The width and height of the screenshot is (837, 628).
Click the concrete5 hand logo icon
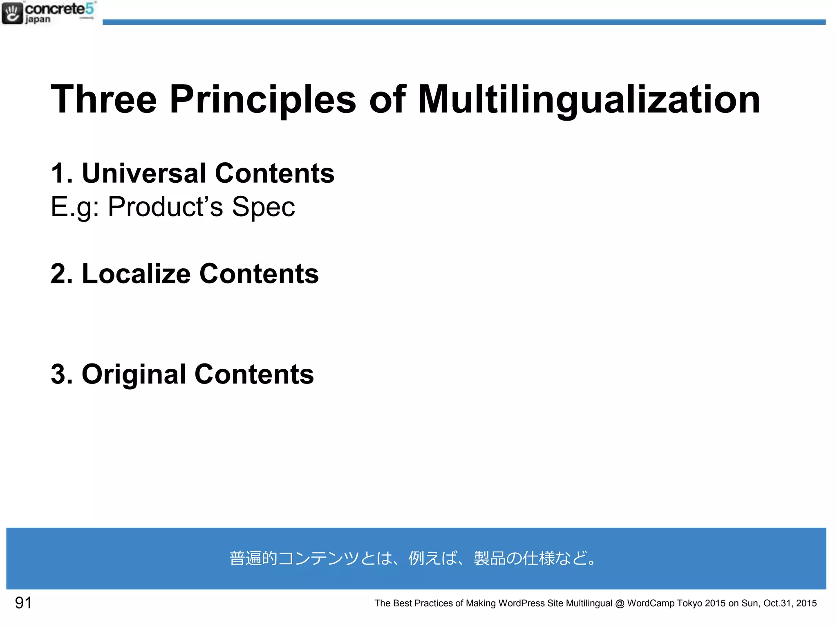pos(12,13)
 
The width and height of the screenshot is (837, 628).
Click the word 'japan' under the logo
pos(38,20)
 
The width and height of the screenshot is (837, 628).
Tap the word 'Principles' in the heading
pos(262,99)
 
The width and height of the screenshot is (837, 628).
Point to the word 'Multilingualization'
pos(589,99)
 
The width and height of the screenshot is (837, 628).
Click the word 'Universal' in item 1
pos(144,173)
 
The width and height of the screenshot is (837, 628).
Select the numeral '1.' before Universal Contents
pos(62,173)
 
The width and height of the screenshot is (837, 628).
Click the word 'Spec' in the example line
pos(263,206)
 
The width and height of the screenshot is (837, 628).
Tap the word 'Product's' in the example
pos(165,206)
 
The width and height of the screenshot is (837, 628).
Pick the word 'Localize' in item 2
pos(136,274)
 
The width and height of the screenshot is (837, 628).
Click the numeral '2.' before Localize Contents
pos(62,274)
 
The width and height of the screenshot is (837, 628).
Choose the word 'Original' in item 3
pos(134,374)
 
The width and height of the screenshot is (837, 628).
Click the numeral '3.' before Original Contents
pos(62,374)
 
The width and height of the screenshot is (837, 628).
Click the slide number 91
pos(23,603)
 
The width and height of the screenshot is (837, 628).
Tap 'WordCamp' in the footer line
pos(651,603)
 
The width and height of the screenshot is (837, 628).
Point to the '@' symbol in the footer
pos(620,603)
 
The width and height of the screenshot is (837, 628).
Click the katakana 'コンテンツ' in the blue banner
pos(318,558)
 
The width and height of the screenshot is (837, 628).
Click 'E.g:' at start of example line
pos(74,206)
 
